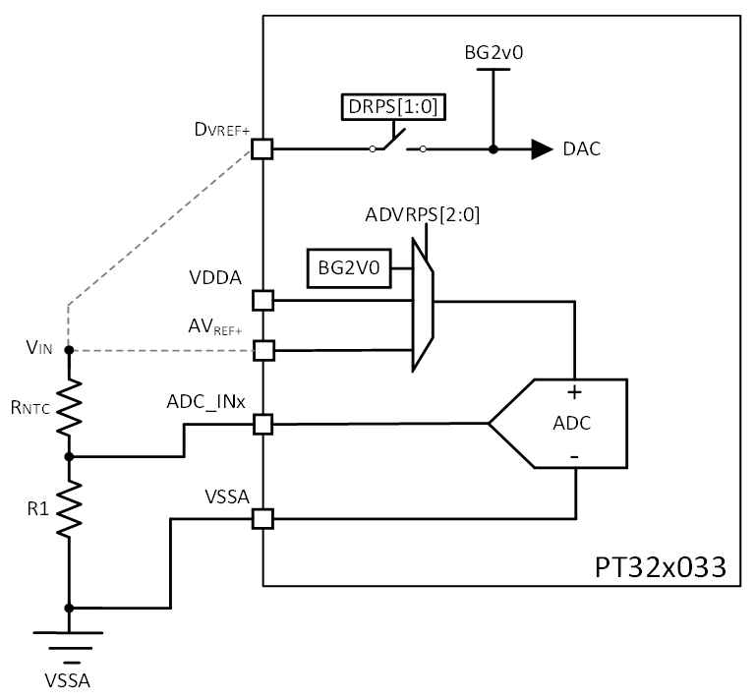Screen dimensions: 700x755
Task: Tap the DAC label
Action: pyautogui.click(x=582, y=149)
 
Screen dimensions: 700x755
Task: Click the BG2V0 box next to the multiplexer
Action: pyautogui.click(x=349, y=265)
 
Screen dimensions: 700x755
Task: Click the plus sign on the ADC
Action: pyautogui.click(x=574, y=391)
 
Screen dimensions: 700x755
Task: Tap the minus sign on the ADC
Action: pyautogui.click(x=574, y=457)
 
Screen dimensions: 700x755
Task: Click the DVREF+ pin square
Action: pyautogui.click(x=262, y=149)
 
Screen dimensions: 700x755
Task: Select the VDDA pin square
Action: pyautogui.click(x=262, y=299)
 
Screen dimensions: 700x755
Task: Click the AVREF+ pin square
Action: pyautogui.click(x=262, y=350)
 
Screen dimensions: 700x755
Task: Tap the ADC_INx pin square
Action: pyautogui.click(x=262, y=424)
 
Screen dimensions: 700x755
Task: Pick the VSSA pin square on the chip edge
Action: pyautogui.click(x=262, y=517)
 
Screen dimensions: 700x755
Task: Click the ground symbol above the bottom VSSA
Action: pyautogui.click(x=69, y=639)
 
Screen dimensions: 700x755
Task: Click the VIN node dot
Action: pyautogui.click(x=69, y=350)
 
